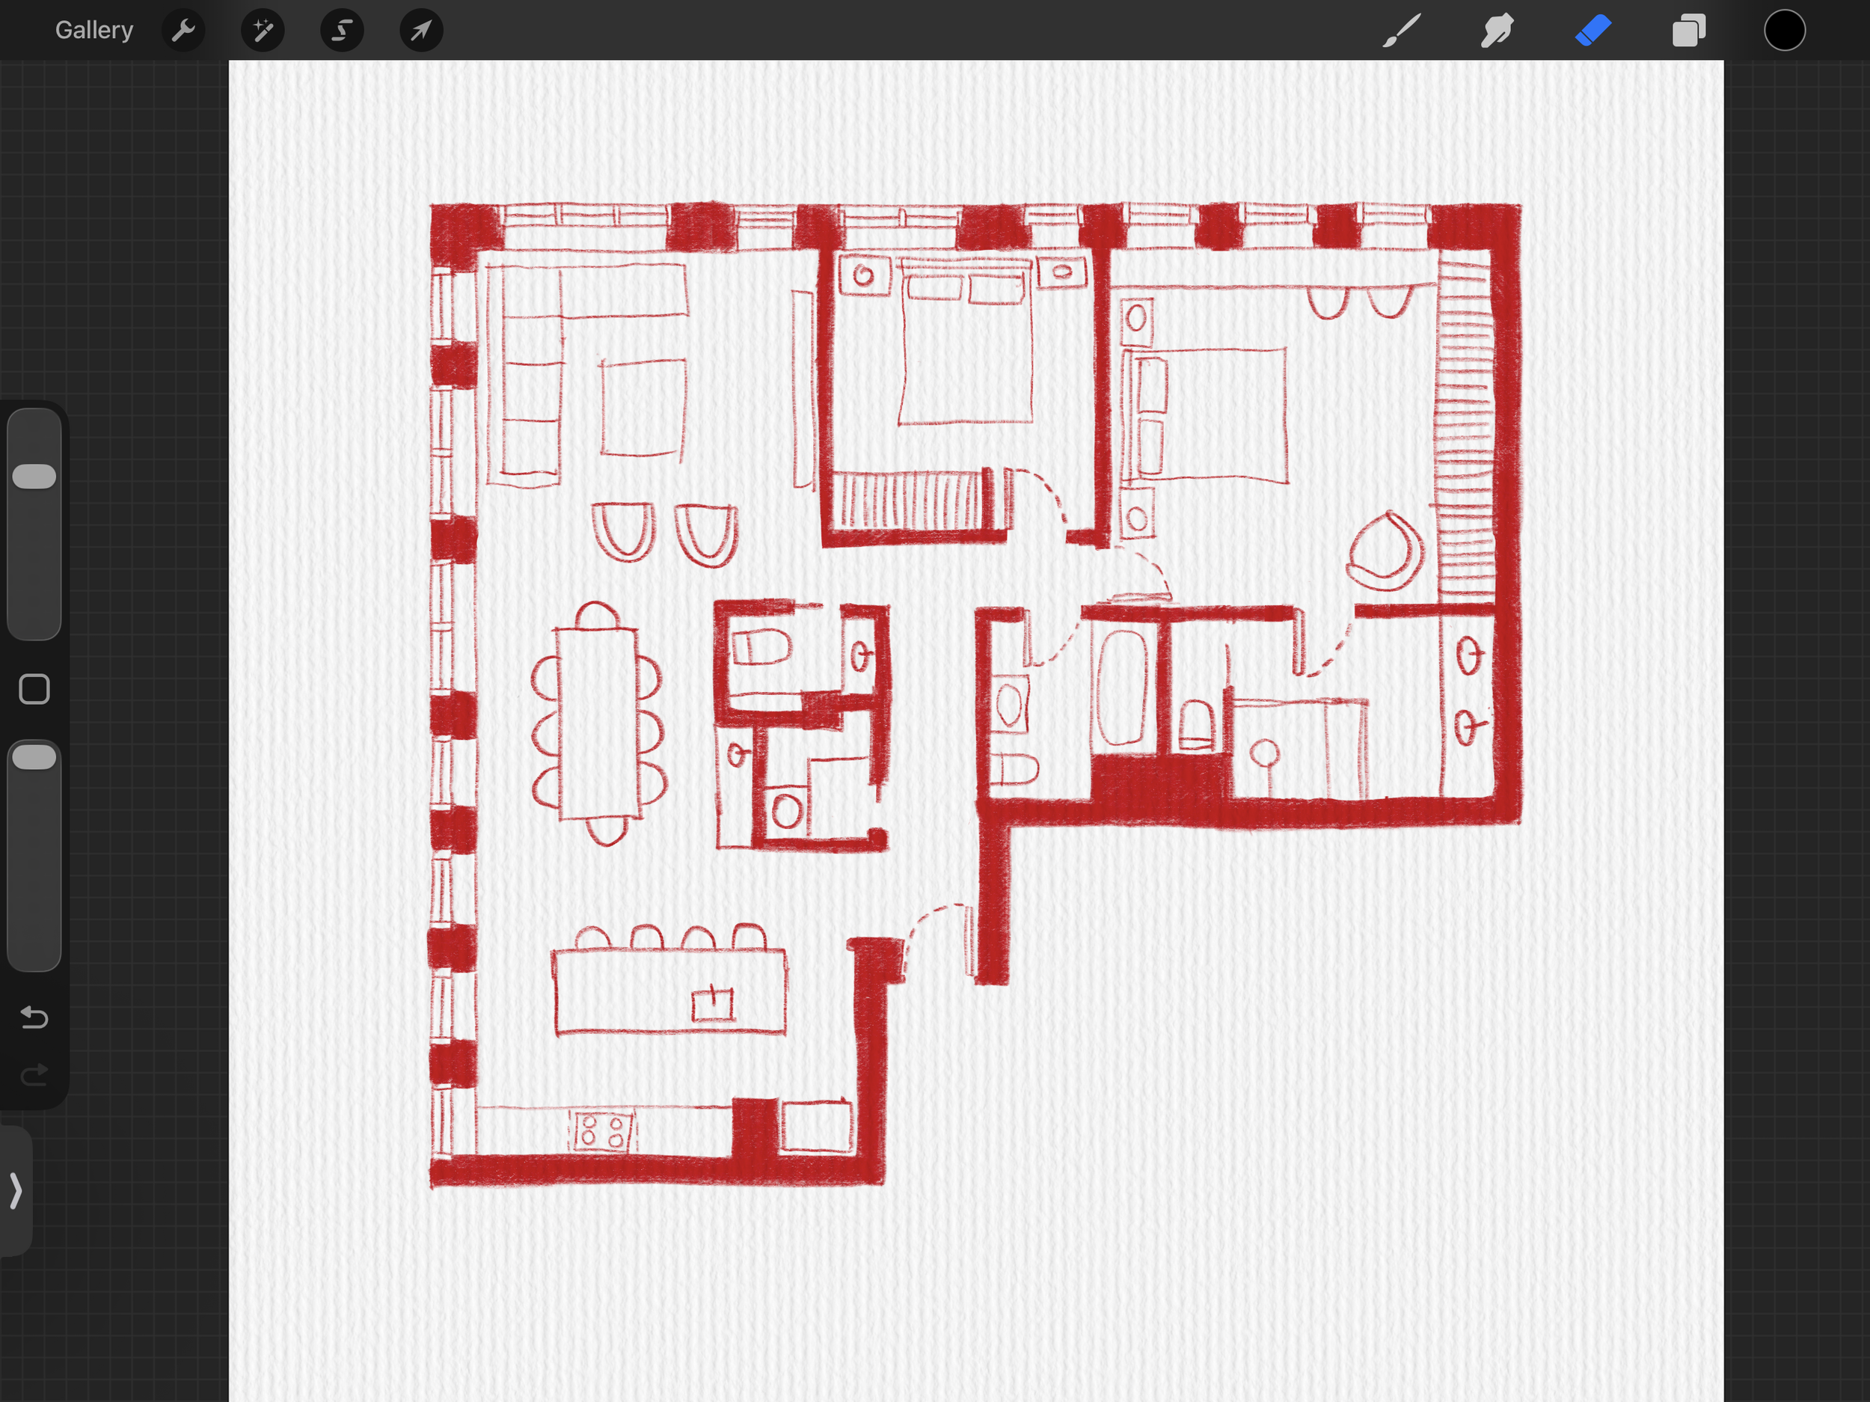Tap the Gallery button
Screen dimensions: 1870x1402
pos(93,31)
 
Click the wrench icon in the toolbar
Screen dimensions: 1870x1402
pos(183,31)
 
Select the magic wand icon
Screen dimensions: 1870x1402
pos(262,31)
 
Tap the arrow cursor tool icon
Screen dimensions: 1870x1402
pos(421,31)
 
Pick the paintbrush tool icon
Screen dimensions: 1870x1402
pos(1401,31)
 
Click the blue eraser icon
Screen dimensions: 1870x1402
pos(1592,31)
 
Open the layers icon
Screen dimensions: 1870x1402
pos(1688,31)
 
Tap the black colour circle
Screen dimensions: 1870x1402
pos(1785,31)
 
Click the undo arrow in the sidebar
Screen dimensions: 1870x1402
pos(34,1017)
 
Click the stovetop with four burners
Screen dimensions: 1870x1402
pos(603,1130)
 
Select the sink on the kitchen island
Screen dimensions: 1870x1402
pos(713,1004)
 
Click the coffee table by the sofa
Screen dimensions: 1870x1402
pos(643,408)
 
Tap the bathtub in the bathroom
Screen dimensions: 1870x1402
pos(1123,688)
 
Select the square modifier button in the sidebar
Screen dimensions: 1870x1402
pos(34,689)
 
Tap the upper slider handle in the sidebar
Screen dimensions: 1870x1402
pos(34,476)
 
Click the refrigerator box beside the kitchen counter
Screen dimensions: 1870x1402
pos(816,1127)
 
